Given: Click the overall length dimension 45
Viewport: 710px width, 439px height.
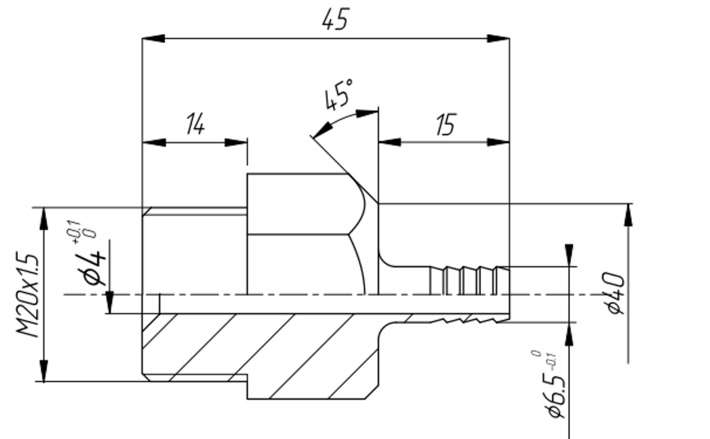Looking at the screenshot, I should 335,20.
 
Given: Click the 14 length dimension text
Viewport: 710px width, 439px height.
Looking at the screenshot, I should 195,125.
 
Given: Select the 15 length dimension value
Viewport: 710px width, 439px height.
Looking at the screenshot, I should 446,125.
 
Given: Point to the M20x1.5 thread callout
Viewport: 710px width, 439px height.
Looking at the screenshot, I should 28,295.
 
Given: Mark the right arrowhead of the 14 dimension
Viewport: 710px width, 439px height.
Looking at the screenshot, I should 236,143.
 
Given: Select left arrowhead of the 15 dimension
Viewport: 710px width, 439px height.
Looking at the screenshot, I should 389,142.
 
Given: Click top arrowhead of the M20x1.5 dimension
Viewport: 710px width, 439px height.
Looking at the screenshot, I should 44,219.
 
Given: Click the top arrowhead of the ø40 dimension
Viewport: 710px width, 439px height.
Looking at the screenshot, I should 628,214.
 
